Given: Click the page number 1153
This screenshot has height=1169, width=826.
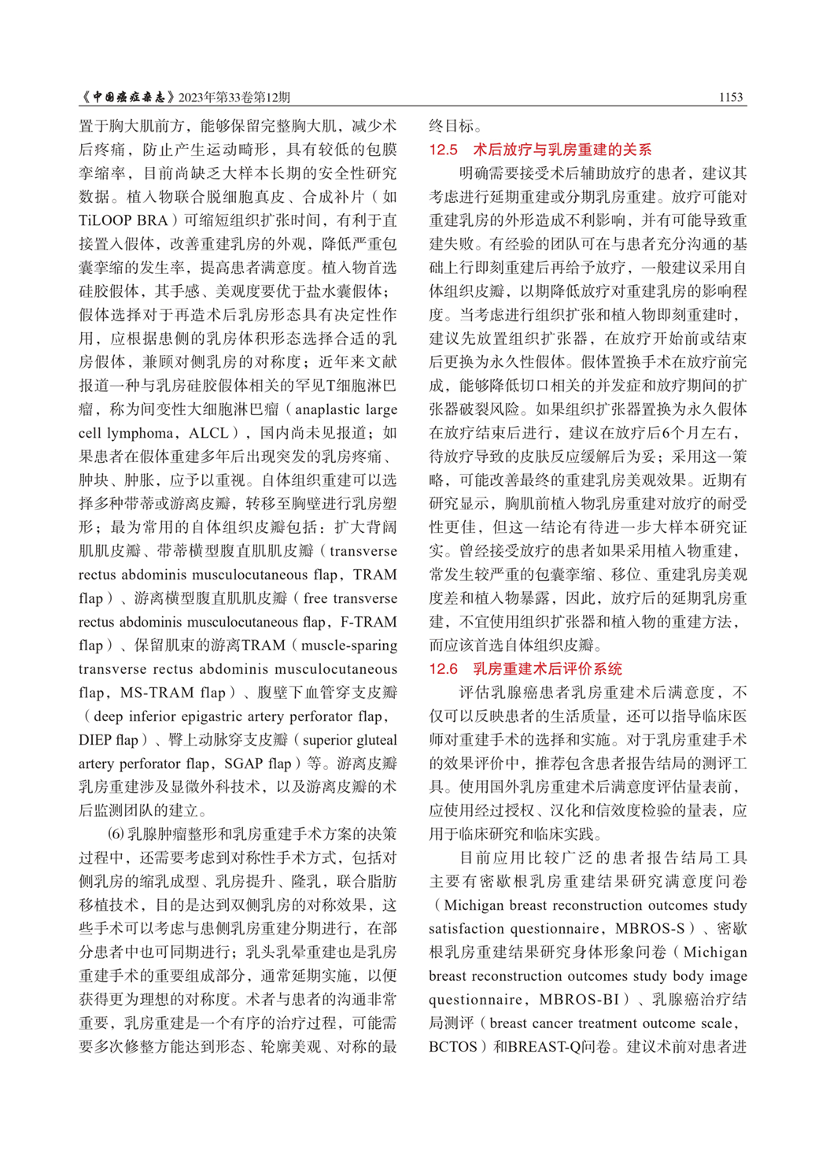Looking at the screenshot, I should (x=730, y=97).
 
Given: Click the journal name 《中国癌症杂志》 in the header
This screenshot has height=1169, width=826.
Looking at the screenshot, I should (x=127, y=97).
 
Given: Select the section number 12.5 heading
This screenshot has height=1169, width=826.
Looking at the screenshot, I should (x=443, y=150).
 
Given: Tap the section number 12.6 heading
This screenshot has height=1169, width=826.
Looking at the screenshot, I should (x=443, y=669).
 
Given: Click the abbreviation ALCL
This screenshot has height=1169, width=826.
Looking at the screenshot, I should (x=208, y=433).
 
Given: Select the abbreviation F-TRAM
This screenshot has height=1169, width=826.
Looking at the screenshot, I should (x=371, y=622).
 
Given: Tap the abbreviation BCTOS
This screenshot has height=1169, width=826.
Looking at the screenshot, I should (x=453, y=1047).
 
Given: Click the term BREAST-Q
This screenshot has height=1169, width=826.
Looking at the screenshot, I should (x=542, y=1047).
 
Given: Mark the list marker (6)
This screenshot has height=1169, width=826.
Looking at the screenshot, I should (x=116, y=834).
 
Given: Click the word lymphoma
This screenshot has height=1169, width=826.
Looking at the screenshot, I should (x=142, y=433).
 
